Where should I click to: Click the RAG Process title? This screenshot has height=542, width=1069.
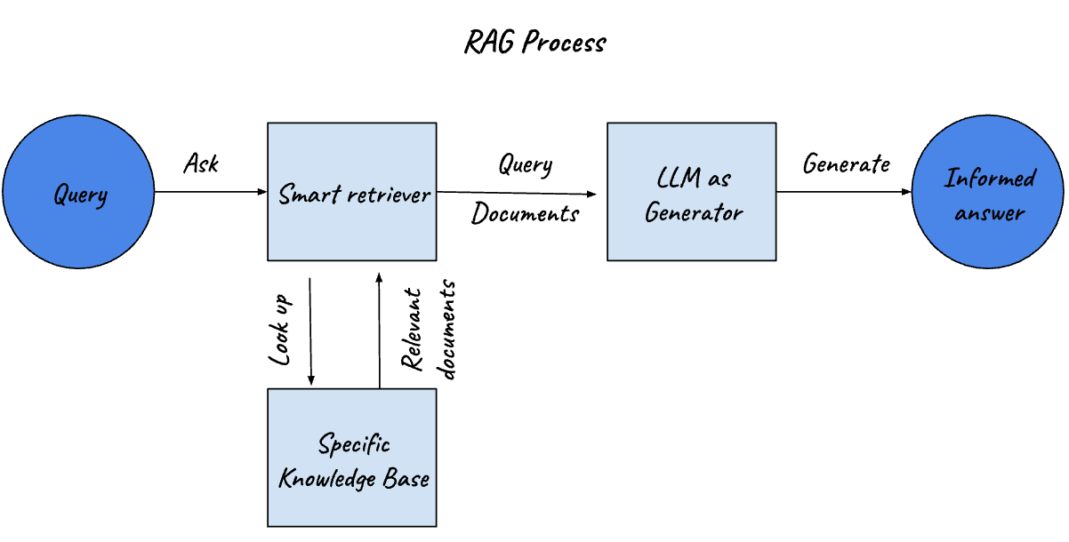pos(534,43)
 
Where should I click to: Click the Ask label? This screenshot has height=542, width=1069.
pos(201,163)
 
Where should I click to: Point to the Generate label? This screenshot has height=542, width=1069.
pos(846,163)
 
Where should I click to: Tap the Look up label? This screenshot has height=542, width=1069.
pos(281,326)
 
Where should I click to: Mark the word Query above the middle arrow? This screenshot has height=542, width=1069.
pos(525,165)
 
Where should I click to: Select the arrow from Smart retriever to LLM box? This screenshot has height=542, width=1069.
pos(516,192)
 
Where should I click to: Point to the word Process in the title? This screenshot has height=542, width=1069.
pos(564,43)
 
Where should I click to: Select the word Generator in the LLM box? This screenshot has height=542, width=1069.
pos(694,213)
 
